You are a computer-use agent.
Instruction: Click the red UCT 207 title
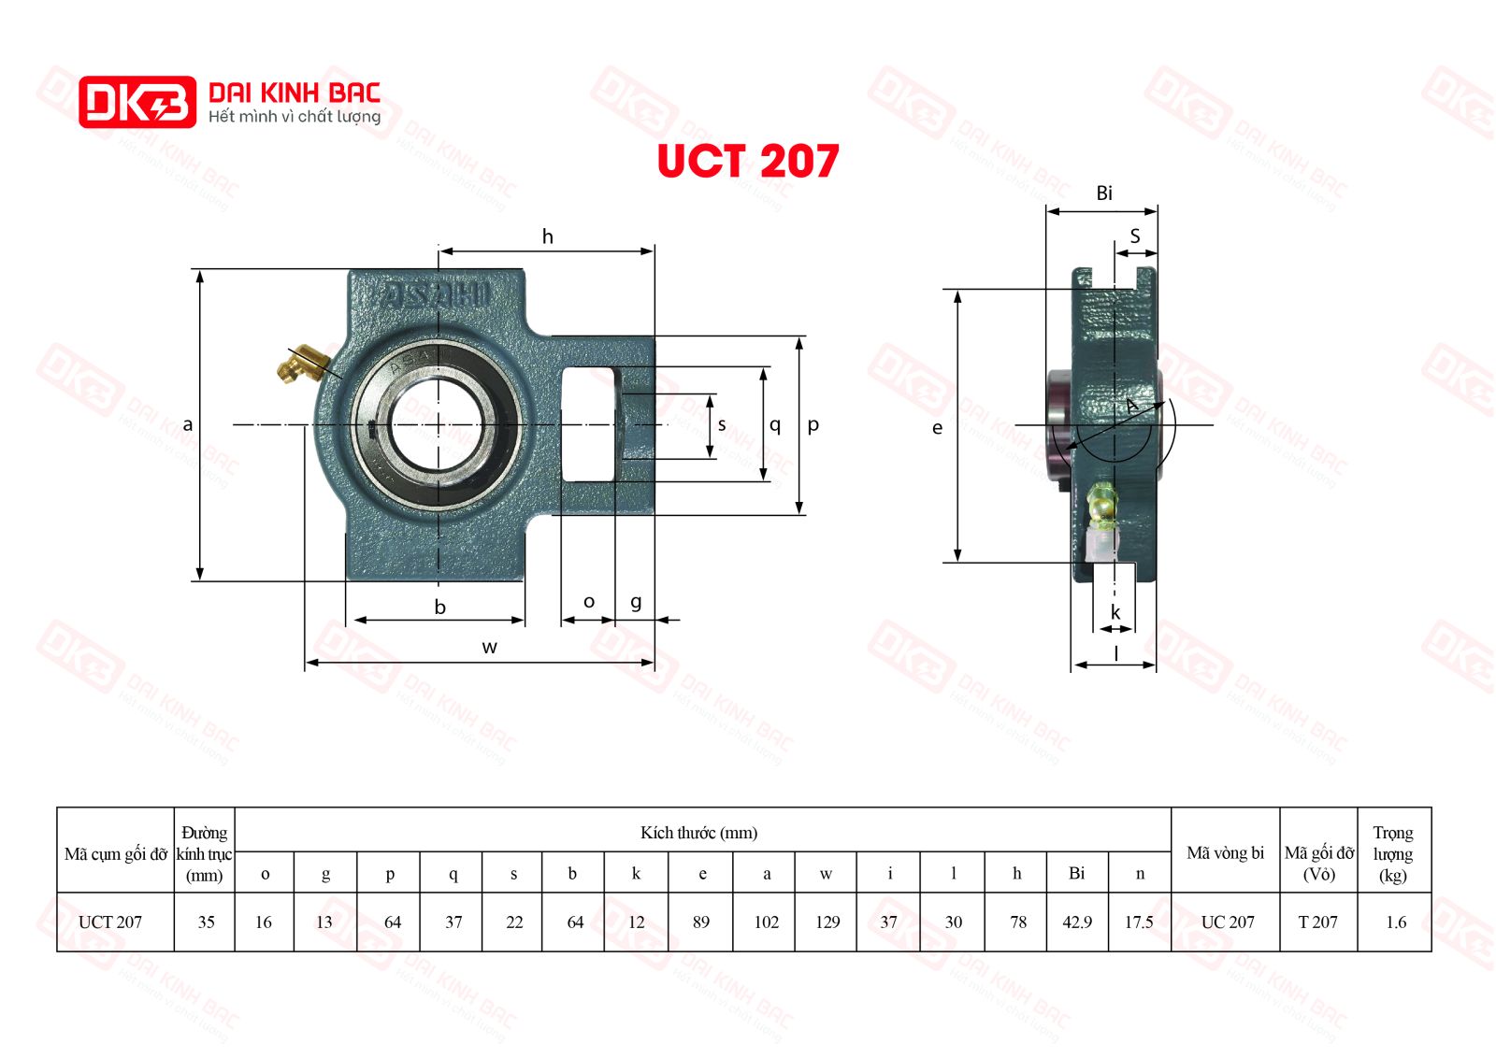tap(748, 161)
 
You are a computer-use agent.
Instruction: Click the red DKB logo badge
tap(137, 102)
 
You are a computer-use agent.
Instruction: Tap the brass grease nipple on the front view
tap(299, 364)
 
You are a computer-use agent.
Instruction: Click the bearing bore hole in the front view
tap(439, 424)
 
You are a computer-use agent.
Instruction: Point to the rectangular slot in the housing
tap(588, 424)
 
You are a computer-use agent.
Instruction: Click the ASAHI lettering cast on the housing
tap(436, 294)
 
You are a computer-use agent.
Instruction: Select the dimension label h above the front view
tap(548, 236)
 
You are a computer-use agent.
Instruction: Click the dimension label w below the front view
tap(490, 647)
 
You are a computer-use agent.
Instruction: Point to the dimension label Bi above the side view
tap(1104, 193)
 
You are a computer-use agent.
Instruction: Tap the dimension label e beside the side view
tap(938, 428)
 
